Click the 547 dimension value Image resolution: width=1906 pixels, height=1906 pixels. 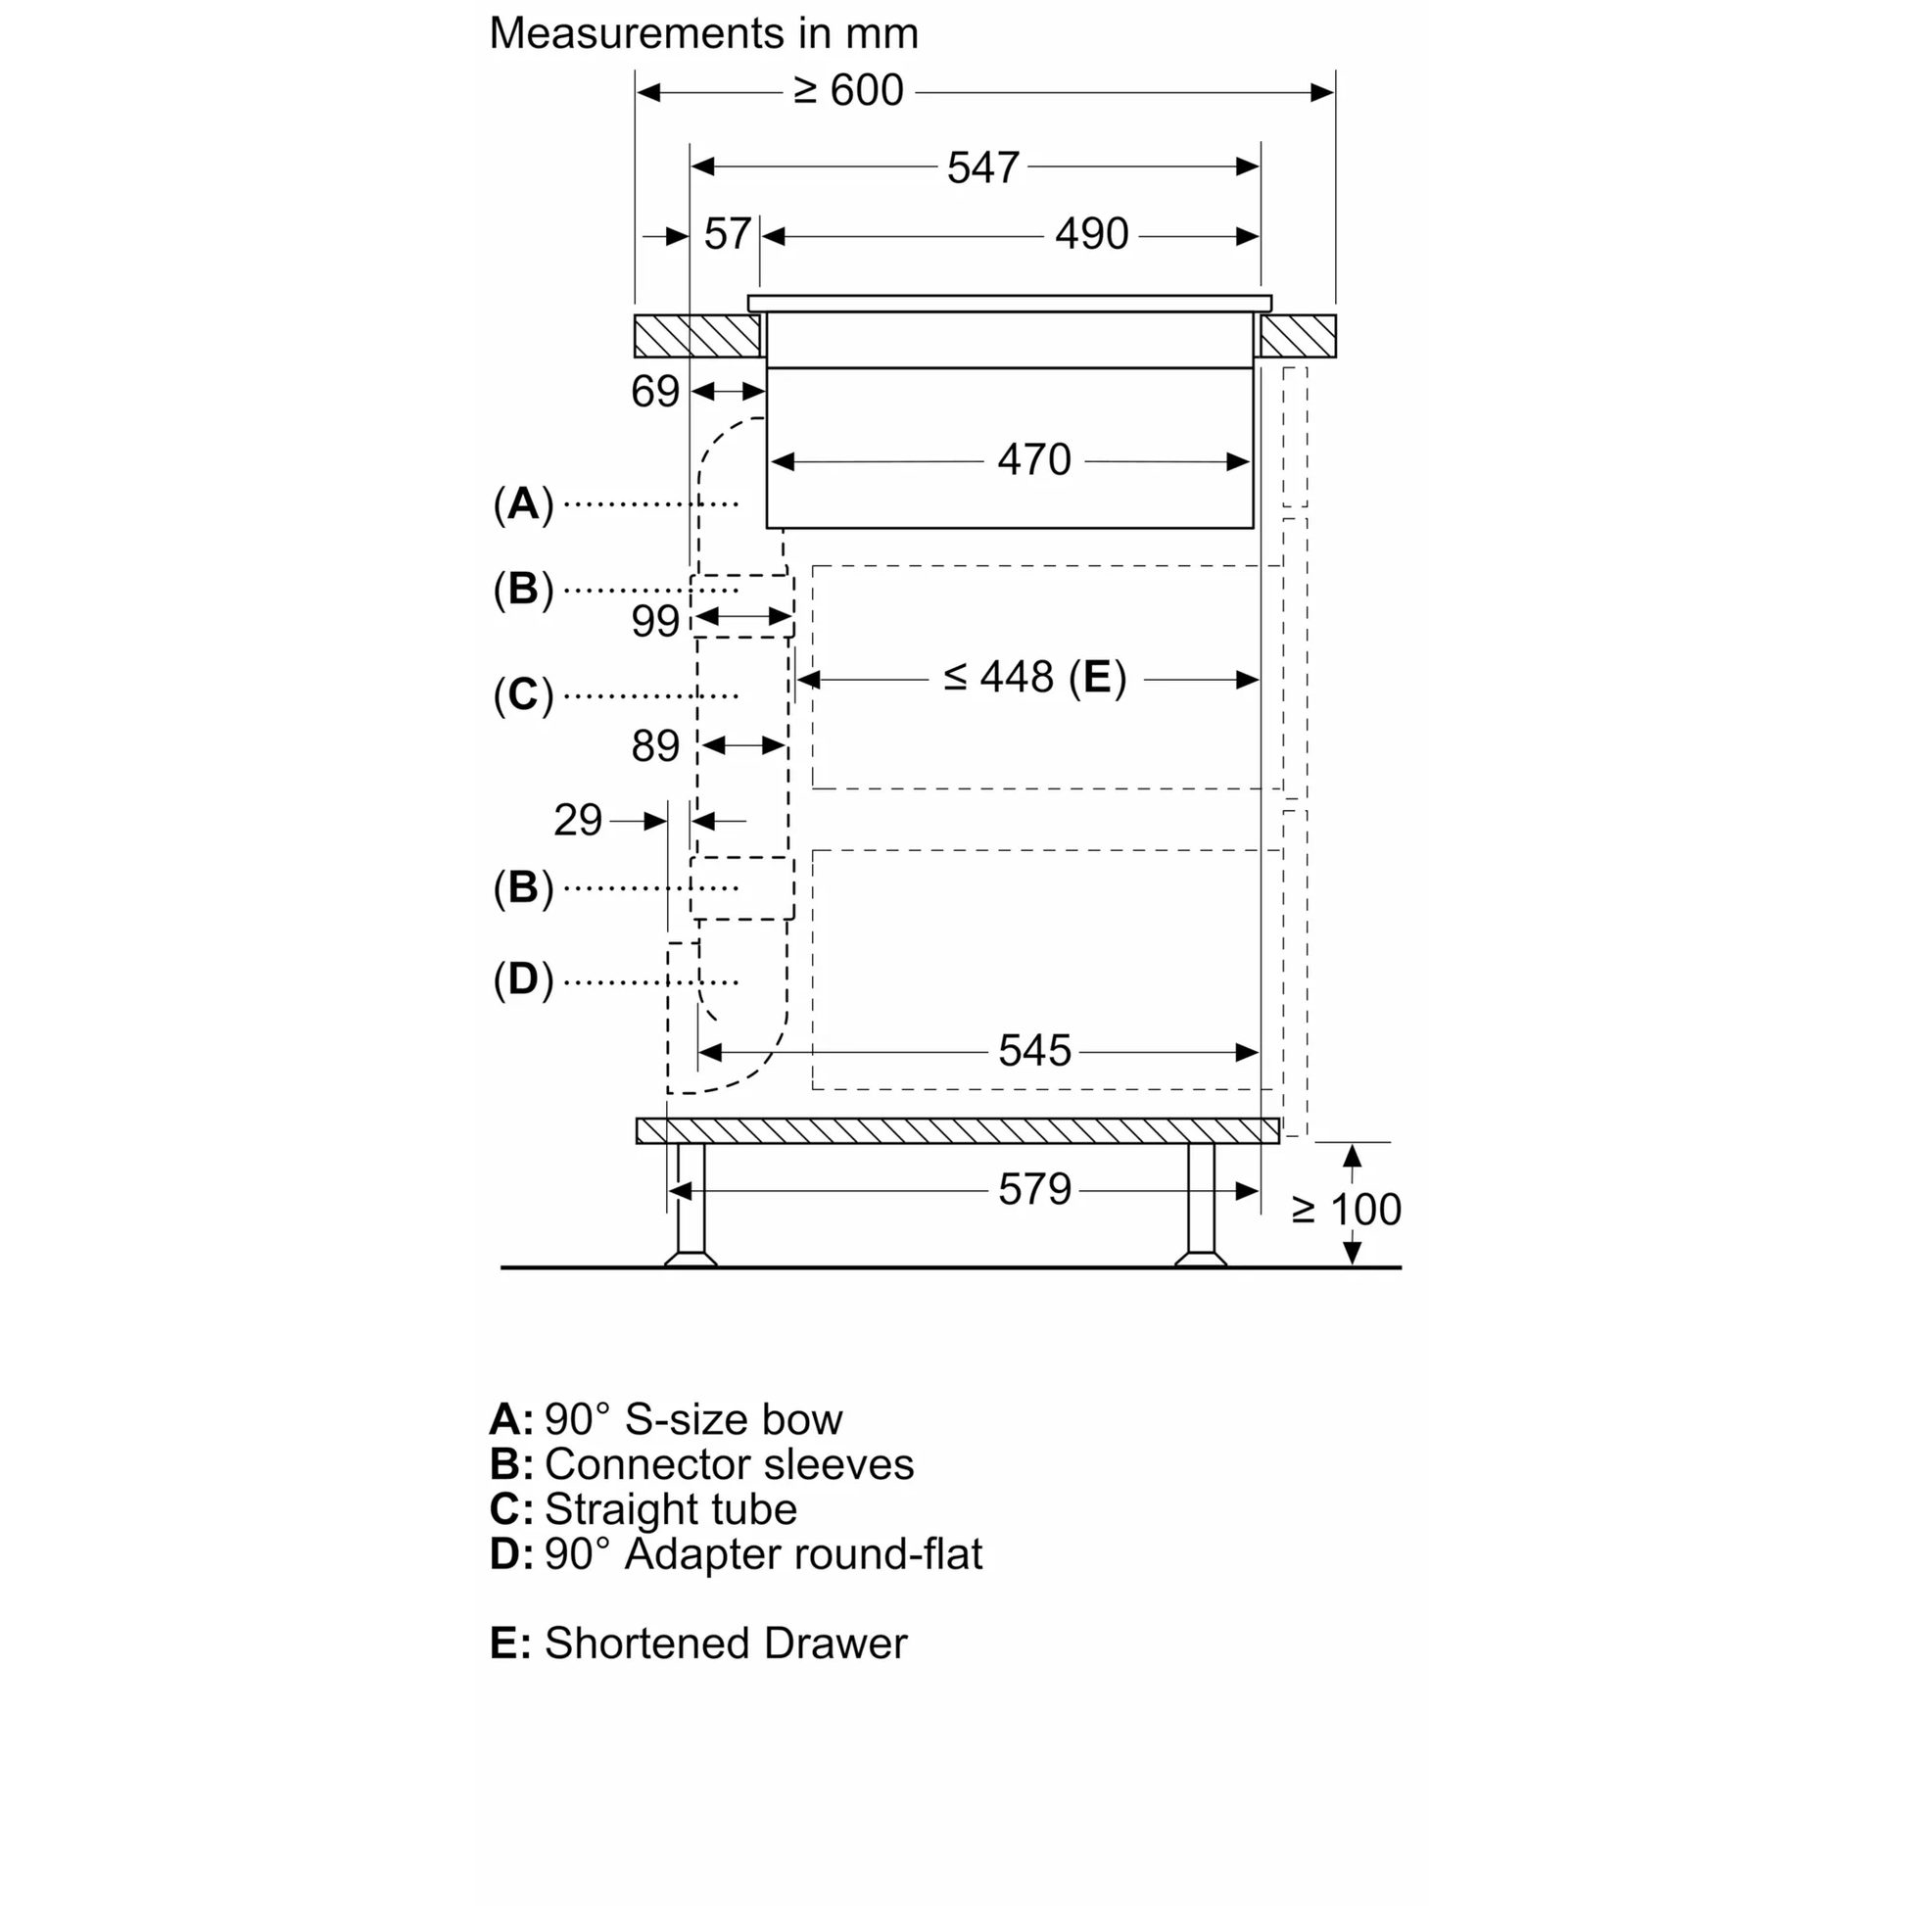tap(982, 167)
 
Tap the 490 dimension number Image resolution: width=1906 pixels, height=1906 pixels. tap(1091, 235)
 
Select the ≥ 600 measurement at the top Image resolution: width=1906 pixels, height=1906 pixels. tap(848, 91)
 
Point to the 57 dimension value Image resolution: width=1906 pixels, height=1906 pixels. tap(727, 235)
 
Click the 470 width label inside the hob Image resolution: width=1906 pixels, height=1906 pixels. tap(1034, 460)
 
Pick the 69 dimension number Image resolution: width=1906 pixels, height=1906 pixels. tap(655, 393)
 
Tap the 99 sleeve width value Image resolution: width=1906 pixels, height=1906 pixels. tap(655, 622)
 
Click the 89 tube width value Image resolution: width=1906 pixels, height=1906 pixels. tap(655, 746)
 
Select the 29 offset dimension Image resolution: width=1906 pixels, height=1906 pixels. tap(577, 821)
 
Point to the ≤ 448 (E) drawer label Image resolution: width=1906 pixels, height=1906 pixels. tap(1034, 678)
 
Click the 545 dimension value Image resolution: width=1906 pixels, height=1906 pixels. tap(1034, 1052)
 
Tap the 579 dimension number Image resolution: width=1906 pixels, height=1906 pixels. tap(1034, 1190)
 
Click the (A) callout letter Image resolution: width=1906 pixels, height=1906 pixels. tap(523, 504)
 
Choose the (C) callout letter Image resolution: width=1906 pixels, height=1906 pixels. tap(523, 695)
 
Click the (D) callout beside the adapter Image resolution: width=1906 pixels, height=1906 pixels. tap(523, 979)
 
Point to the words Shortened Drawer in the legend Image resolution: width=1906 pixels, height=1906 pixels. tap(725, 1644)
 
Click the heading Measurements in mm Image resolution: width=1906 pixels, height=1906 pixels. tap(703, 33)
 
